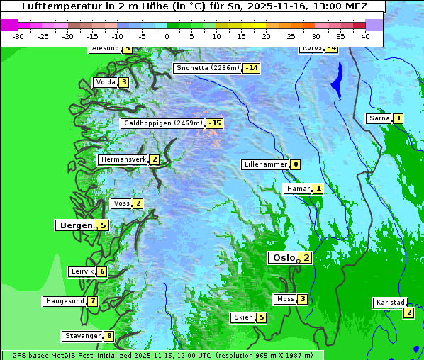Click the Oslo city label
point(283,258)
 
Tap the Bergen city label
point(76,225)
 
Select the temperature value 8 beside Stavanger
point(109,336)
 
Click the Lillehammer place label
point(265,164)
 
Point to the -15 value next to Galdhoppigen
point(214,123)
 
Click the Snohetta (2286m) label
point(207,68)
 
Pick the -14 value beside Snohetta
point(251,68)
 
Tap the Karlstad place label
point(391,303)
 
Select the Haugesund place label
point(65,301)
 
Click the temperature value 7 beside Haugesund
point(93,301)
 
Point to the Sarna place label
point(379,118)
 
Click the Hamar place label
point(298,189)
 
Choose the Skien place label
point(243,317)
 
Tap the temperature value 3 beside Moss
point(302,299)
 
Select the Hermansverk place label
point(123,159)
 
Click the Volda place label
point(105,82)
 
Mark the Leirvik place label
point(82,271)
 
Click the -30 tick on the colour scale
point(18,36)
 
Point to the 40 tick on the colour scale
point(365,36)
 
